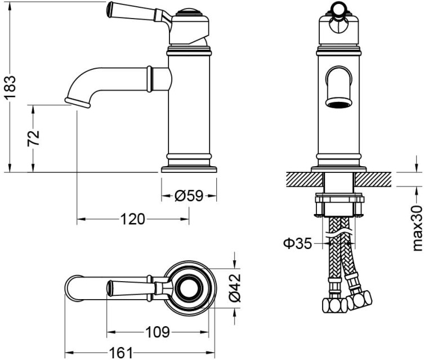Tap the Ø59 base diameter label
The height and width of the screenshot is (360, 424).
pos(189,196)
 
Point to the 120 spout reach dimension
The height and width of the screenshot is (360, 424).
pos(132,219)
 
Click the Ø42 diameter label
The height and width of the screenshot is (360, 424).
pos(235,287)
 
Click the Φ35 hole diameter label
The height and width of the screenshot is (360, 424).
pos(297,243)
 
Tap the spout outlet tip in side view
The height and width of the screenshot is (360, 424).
pos(78,102)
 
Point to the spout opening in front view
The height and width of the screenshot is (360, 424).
pos(340,103)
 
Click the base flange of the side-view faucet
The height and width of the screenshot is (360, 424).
pos(189,168)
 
